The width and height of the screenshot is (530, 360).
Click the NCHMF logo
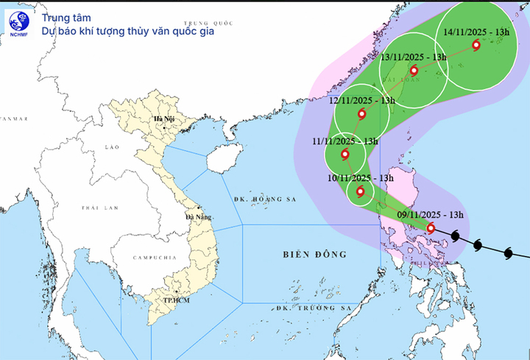tap(20, 22)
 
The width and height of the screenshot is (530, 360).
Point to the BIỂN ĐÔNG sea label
tap(314, 255)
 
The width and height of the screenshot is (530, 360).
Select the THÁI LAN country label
tap(100, 208)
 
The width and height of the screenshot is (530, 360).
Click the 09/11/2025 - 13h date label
tap(431, 214)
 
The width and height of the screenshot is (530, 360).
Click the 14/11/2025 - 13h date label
tap(477, 32)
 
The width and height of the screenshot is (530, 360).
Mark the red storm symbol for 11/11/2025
tap(345, 155)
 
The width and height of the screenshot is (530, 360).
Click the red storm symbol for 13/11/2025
tap(414, 71)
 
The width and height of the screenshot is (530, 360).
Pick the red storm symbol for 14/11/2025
tap(476, 46)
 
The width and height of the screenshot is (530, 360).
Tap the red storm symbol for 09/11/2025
tap(431, 228)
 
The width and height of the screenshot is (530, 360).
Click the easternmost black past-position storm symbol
tap(508, 253)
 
